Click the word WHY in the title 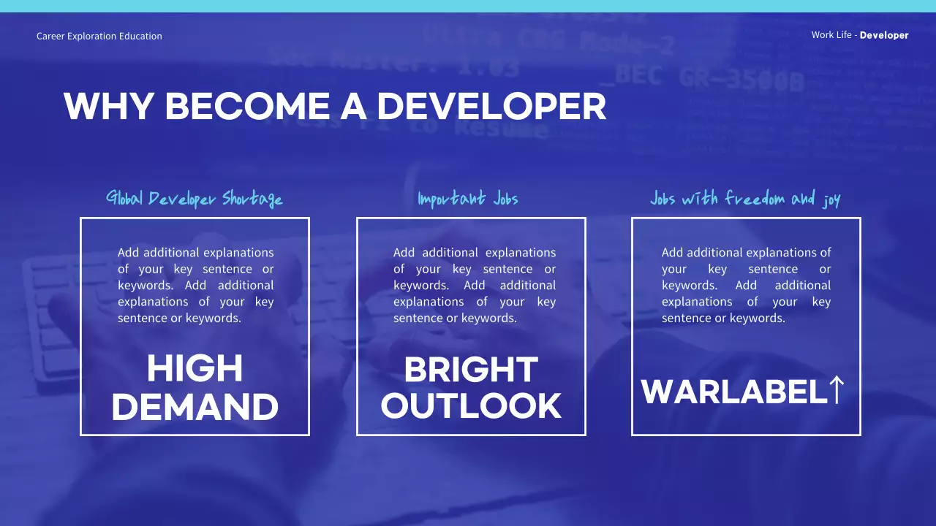109,107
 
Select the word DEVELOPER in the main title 491,107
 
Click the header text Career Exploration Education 99,36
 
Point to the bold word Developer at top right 884,35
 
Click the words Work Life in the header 831,35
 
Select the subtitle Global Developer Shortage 195,199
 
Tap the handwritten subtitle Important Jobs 468,199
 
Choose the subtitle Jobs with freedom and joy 745,199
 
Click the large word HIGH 195,369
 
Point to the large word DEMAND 195,407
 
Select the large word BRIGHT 471,370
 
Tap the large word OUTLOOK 471,406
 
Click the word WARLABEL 734,392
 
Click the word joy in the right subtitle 831,200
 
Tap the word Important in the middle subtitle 451,199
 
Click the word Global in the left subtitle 125,198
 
